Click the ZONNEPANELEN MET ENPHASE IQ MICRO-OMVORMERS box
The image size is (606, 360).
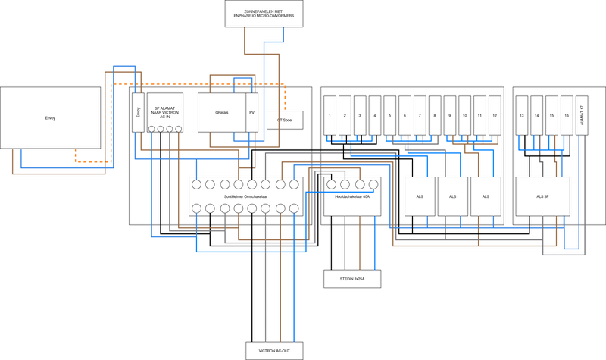coord(264,14)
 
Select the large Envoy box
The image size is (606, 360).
coord(50,117)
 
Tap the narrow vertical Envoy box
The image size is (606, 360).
coord(138,113)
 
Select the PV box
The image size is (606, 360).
coord(252,113)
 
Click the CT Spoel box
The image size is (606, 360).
coord(285,120)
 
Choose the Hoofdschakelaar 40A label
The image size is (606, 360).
coord(352,196)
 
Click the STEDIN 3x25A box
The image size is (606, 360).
coord(352,279)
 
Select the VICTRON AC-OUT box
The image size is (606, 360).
coord(273,349)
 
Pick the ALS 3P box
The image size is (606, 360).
coord(543,196)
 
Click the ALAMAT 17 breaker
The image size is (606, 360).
coord(582,114)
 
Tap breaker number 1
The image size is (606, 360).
coord(330,114)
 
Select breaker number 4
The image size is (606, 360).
coord(374,114)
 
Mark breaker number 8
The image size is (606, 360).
coord(434,114)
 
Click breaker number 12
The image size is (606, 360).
coord(495,114)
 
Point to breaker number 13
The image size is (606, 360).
coord(523,114)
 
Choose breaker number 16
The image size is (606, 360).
coord(566,114)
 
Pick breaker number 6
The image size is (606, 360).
coord(405,114)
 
